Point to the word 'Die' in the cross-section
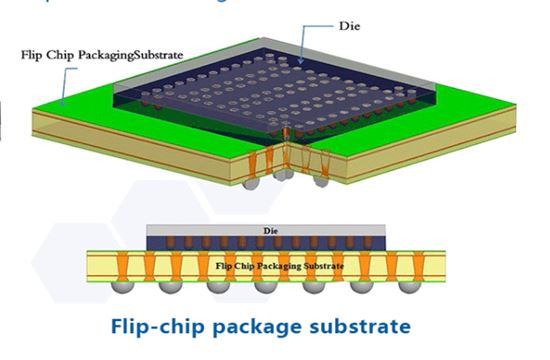pos(269,230)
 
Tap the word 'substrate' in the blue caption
pos(364,327)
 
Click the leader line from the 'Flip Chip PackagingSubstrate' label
pos(66,80)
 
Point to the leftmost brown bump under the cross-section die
pos(156,243)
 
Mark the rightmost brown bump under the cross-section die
pos(378,243)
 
